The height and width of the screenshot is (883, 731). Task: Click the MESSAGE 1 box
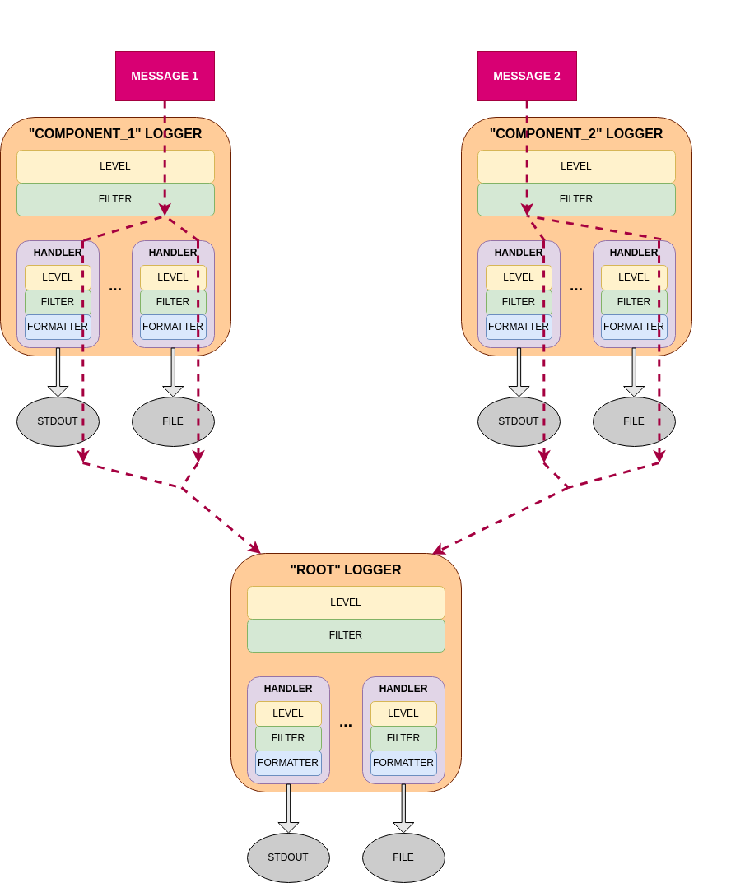(165, 76)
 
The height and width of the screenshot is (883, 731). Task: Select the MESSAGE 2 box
(527, 76)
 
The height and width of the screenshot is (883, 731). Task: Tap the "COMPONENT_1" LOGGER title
(115, 134)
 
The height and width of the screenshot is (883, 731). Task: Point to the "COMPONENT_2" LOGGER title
(576, 134)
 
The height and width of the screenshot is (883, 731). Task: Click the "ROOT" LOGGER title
(346, 570)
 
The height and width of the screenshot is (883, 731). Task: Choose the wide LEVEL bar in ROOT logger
(346, 602)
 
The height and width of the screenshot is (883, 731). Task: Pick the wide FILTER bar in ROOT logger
(346, 635)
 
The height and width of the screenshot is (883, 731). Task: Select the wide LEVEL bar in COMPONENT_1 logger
(115, 166)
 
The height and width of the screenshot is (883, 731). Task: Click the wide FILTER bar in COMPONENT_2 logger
(576, 199)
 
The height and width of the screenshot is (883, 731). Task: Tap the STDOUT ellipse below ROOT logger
(288, 857)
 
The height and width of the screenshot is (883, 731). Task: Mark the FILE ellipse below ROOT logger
(403, 857)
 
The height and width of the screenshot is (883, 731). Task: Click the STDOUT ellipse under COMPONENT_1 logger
(58, 421)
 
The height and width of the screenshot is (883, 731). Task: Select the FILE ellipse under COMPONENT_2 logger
(634, 421)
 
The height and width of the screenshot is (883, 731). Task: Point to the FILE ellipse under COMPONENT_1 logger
(173, 421)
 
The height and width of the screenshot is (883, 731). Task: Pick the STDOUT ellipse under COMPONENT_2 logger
(519, 421)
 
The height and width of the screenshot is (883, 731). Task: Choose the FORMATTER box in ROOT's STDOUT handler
(288, 763)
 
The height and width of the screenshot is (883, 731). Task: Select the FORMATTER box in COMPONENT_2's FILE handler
(634, 327)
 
